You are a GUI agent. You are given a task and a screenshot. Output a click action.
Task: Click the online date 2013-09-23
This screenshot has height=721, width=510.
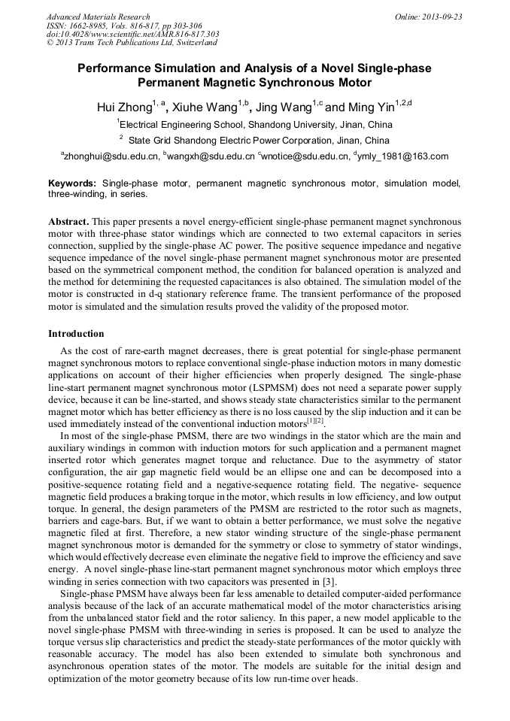pos(442,17)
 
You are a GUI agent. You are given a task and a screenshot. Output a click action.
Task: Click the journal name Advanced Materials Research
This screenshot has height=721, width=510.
pos(98,17)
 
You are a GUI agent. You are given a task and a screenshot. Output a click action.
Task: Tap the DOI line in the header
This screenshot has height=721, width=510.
pos(132,34)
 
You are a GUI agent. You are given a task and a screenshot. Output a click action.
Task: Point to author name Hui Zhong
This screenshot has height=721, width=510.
pos(124,108)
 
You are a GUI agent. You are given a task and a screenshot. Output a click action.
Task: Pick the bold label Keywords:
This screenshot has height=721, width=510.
pos(72,183)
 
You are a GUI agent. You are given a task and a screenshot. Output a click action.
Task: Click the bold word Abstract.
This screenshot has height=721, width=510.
pos(68,223)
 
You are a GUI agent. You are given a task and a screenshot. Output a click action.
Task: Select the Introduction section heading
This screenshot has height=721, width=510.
pos(76,333)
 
